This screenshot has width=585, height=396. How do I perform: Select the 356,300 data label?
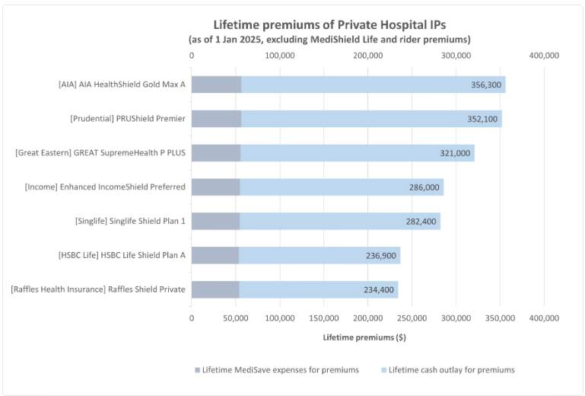[x=486, y=85]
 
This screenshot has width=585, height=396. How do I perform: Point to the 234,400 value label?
[x=379, y=290]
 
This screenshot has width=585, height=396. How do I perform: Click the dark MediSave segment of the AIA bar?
[x=216, y=85]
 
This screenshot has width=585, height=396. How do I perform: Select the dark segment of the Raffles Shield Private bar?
[x=215, y=289]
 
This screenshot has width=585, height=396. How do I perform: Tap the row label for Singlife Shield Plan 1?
[x=130, y=222]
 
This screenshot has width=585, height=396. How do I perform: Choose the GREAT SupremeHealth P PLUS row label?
[x=100, y=153]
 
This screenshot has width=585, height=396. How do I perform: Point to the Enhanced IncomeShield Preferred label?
[x=105, y=187]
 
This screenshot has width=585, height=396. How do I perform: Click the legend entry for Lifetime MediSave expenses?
[x=275, y=370]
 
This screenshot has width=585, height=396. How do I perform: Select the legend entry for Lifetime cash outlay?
[x=447, y=370]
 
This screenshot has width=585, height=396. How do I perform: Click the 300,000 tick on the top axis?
[x=456, y=56]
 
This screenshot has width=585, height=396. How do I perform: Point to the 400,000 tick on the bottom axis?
[x=545, y=318]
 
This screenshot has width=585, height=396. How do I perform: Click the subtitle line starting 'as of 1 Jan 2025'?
[x=329, y=39]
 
